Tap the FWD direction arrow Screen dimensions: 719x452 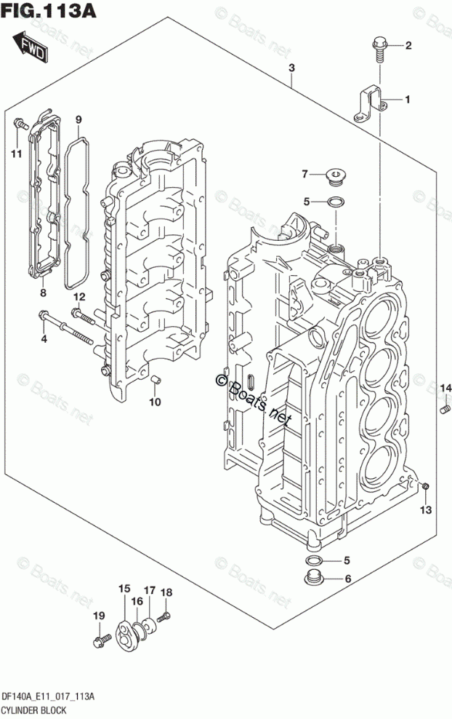(32, 47)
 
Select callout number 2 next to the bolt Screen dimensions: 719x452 (408, 47)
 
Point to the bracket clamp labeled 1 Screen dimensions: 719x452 (370, 103)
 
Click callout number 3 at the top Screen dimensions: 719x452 (291, 68)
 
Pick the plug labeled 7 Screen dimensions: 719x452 (336, 175)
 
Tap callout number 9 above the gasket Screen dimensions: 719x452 (78, 120)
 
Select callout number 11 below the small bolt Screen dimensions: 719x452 (15, 152)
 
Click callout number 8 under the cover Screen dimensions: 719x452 (43, 293)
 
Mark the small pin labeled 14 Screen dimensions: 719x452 (443, 413)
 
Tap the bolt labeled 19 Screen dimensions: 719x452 (100, 641)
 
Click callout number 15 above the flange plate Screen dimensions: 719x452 (124, 588)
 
